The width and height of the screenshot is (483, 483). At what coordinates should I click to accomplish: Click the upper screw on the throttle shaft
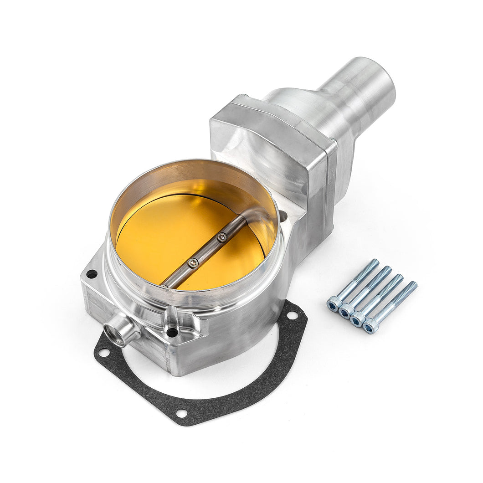point(222,237)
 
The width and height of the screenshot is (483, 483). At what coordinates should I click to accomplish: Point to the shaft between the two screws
point(207,250)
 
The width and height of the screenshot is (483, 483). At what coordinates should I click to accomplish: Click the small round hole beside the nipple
point(172,332)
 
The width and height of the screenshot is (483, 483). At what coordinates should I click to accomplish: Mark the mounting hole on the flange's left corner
point(92,274)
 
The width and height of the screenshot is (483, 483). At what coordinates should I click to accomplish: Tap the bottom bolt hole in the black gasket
point(182,413)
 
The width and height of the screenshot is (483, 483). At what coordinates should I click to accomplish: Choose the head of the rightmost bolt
point(370,327)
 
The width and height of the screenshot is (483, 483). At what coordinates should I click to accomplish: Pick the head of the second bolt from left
point(345,311)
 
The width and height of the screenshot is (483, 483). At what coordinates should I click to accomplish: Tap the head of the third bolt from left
point(358,319)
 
